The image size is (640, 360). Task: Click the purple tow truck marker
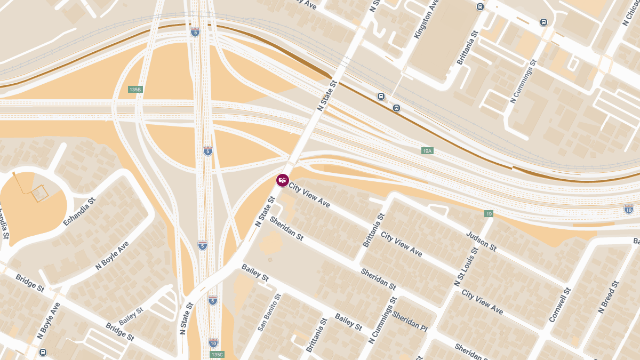coord(282,180)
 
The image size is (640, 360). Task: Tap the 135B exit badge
coord(135,90)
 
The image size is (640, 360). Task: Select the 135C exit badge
coord(217,354)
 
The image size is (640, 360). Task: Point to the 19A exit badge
coord(427,151)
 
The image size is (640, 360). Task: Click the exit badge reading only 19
coord(489,214)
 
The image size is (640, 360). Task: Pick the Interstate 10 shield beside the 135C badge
coord(213,342)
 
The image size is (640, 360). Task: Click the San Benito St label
coord(269,313)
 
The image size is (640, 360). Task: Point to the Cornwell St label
coord(560,305)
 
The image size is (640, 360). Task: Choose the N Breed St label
coord(608,297)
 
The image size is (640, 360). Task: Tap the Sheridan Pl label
coord(410,320)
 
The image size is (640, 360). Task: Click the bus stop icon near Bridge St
coord(43,352)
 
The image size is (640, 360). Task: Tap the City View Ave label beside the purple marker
coord(309,195)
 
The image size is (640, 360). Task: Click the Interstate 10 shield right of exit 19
coord(629,209)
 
